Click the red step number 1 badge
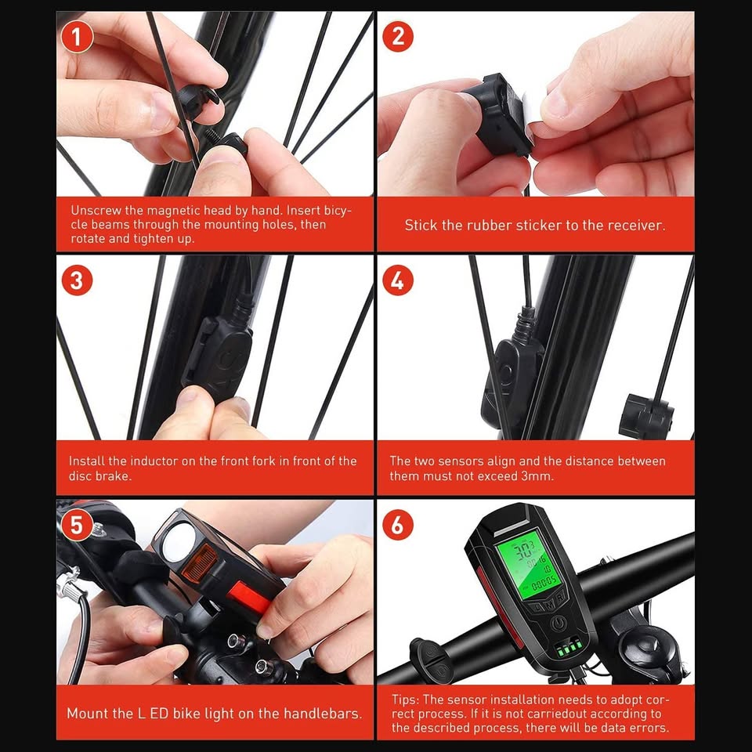(77, 38)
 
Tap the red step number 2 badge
(398, 37)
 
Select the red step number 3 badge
(77, 280)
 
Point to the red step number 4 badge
(398, 280)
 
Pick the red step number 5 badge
(77, 525)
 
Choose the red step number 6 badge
(398, 525)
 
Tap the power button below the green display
(558, 624)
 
